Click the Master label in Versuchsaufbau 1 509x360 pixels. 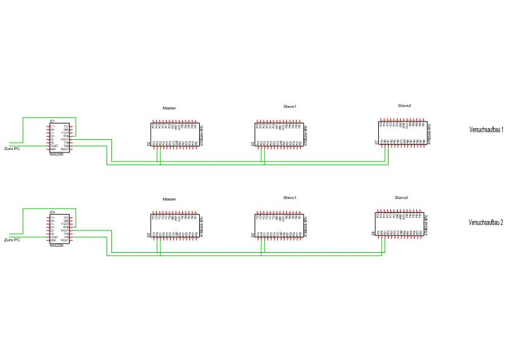pyautogui.click(x=169, y=108)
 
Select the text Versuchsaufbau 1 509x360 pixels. pyautogui.click(x=486, y=129)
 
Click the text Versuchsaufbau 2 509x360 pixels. pyautogui.click(x=486, y=222)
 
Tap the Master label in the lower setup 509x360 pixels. pyautogui.click(x=169, y=199)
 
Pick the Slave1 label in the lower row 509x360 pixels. pyautogui.click(x=290, y=197)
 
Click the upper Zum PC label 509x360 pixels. pyautogui.click(x=12, y=148)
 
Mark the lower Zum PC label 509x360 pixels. pyautogui.click(x=12, y=240)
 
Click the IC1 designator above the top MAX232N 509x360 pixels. pyautogui.click(x=53, y=122)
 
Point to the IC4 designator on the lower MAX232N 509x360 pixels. pyautogui.click(x=53, y=212)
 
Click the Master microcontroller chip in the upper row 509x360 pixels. pyautogui.click(x=172, y=135)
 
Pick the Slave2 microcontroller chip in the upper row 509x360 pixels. pyautogui.click(x=402, y=133)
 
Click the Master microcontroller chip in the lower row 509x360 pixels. pyautogui.click(x=172, y=225)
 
